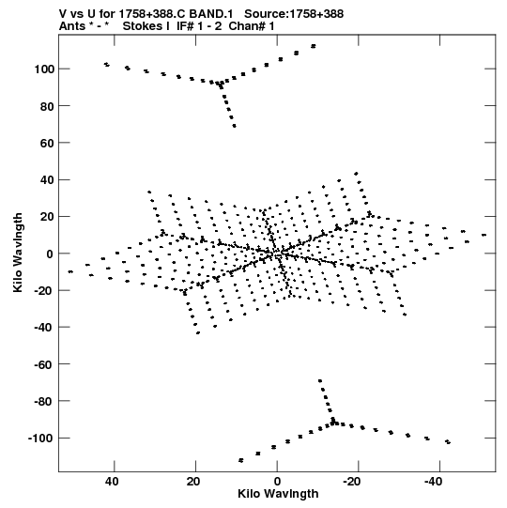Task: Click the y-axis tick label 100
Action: coord(44,69)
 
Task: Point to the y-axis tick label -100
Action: coord(41,439)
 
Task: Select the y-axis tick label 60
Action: coord(47,143)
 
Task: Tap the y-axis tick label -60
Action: coord(44,364)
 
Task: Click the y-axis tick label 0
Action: coord(50,254)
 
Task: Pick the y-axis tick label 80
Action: coord(47,106)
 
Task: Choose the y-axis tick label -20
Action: coord(44,290)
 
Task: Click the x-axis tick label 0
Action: coord(277,482)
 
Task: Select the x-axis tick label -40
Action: coord(433,482)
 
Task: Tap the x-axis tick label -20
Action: coord(352,482)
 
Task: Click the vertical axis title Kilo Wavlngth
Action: coord(18,253)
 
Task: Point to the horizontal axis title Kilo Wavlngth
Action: coord(278,494)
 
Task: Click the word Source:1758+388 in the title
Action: coord(294,14)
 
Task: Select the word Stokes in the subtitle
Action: coord(142,26)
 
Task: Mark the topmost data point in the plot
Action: coord(314,46)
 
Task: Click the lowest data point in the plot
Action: coord(240,460)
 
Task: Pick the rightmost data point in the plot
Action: coord(484,235)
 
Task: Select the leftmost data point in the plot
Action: coord(70,271)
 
